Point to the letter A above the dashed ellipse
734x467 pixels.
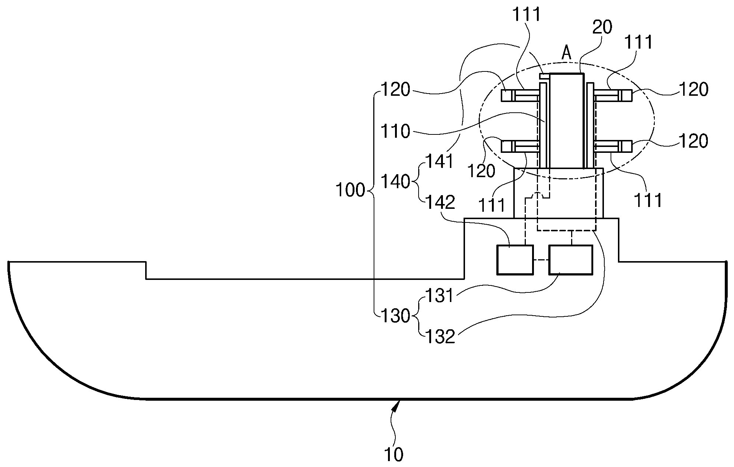pos(566,54)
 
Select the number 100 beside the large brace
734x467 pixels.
pos(350,190)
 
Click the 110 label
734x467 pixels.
pos(395,131)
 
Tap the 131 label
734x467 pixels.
pos(440,295)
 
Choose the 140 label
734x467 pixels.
pos(395,182)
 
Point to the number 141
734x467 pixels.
pos(440,161)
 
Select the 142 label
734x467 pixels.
pos(440,202)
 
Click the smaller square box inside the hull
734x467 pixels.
pos(515,260)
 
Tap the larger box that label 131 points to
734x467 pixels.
pos(571,260)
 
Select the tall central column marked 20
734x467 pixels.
pos(566,120)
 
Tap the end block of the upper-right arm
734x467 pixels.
pos(626,96)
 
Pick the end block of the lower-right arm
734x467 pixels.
pos(626,147)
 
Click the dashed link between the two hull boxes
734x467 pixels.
pos(541,260)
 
